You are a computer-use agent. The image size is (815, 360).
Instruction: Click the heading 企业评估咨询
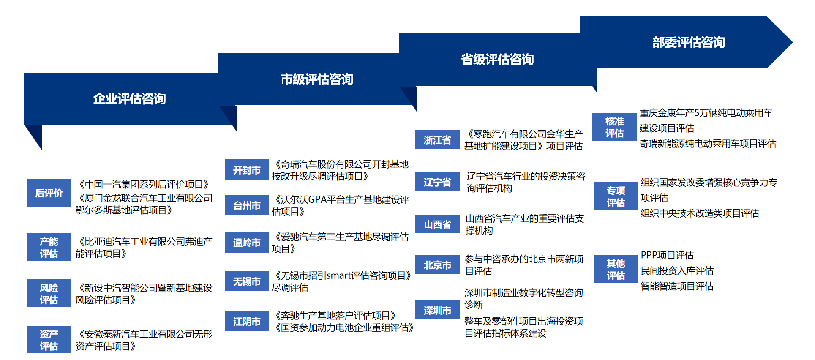(129, 99)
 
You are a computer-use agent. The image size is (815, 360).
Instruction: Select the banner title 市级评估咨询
(317, 79)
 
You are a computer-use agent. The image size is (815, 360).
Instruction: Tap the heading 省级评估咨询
(497, 60)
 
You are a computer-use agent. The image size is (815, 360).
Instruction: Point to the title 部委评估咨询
(689, 42)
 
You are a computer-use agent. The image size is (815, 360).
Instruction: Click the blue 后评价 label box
(49, 193)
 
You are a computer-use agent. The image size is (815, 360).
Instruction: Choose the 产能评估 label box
(49, 247)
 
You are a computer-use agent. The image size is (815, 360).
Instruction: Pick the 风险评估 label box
(49, 293)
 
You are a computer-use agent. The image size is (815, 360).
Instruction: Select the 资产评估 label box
(49, 339)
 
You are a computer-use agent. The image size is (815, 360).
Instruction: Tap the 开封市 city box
(247, 170)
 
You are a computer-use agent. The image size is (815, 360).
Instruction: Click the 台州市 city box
(247, 205)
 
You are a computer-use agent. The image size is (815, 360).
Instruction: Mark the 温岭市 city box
(247, 243)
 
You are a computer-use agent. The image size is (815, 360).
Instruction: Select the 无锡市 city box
(247, 281)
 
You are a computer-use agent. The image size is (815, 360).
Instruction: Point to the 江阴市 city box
(247, 321)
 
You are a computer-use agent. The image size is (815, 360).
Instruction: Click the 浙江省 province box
(437, 139)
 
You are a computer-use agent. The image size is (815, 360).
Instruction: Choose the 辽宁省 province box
(437, 182)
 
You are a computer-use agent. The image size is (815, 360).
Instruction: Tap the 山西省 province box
(437, 224)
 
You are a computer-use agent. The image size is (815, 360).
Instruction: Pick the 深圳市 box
(437, 310)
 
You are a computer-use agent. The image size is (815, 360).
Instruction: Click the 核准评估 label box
(614, 127)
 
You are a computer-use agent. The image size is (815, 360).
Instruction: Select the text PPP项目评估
(667, 255)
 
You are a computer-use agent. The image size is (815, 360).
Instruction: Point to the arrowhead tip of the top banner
(792, 42)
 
